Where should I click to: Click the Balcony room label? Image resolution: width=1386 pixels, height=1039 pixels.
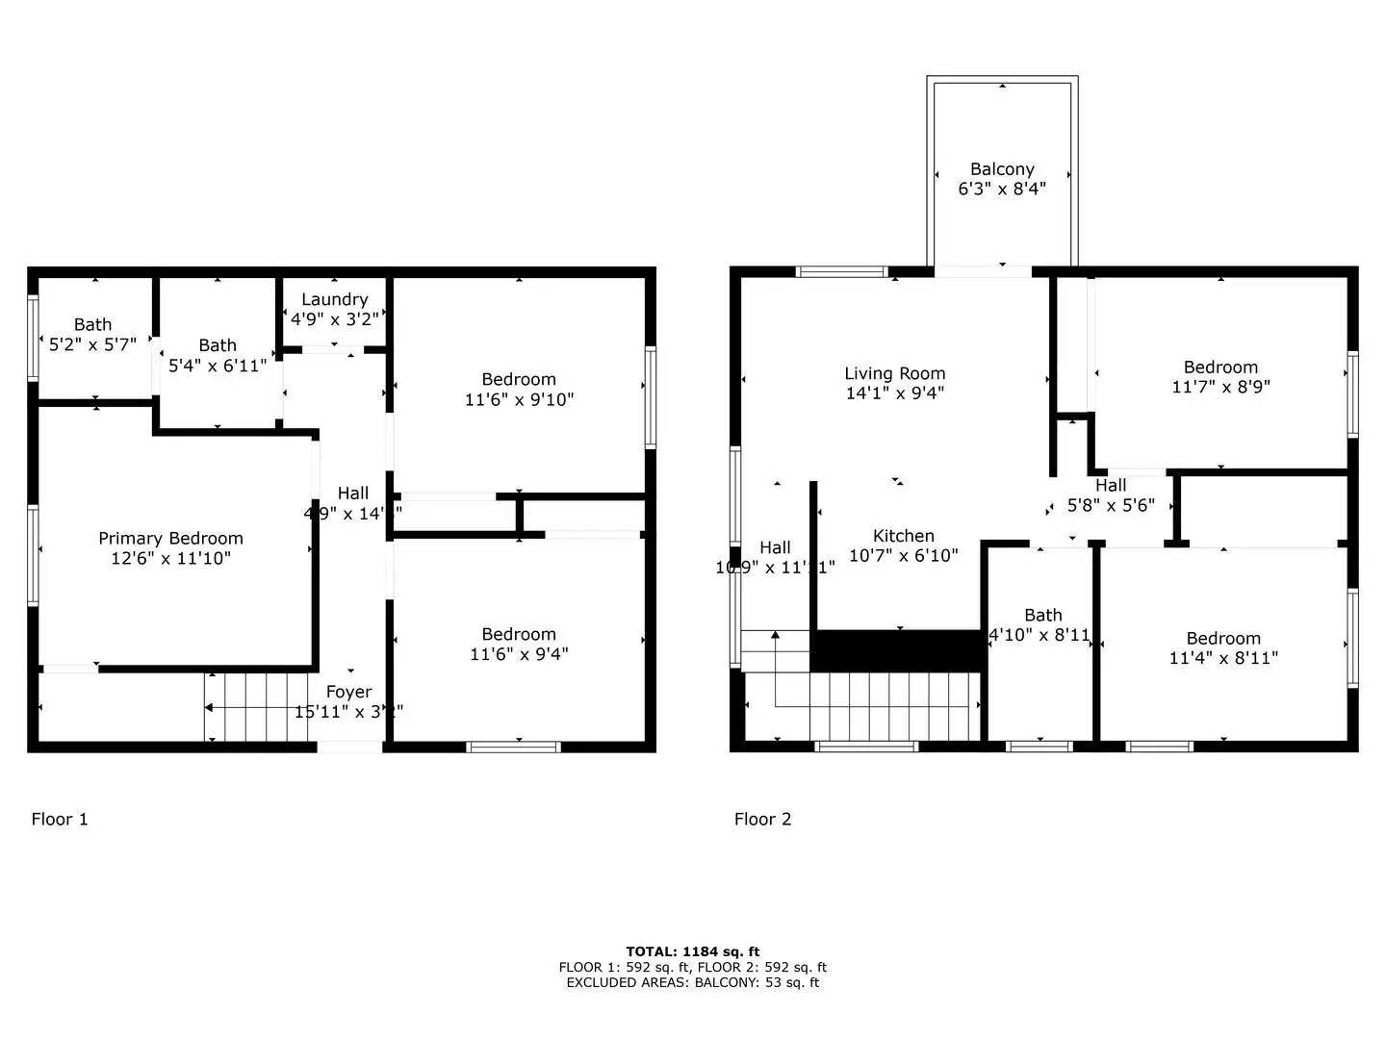(x=1002, y=169)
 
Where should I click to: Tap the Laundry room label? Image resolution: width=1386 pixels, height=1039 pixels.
(x=334, y=299)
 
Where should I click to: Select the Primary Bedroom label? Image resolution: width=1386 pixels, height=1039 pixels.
(x=170, y=538)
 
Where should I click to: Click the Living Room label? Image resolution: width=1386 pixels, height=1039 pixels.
(x=894, y=373)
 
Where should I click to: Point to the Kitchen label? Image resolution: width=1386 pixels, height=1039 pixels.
(x=903, y=536)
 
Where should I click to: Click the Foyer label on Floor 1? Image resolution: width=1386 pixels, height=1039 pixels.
(x=348, y=692)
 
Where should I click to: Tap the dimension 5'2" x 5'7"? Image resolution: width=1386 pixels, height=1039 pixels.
(x=92, y=344)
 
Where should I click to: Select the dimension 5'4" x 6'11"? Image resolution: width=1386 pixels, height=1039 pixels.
(x=218, y=366)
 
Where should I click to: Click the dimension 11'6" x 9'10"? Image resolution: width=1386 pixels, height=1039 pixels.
(x=519, y=399)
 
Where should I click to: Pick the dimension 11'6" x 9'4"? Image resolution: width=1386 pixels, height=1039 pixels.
(x=519, y=654)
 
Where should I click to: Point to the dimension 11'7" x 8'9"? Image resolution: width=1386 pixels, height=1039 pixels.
(x=1220, y=387)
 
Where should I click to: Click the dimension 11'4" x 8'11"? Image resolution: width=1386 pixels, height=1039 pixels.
(x=1223, y=658)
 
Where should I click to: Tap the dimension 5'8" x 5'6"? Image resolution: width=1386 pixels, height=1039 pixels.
(x=1111, y=505)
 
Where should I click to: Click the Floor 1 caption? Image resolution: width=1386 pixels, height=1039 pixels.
(x=60, y=819)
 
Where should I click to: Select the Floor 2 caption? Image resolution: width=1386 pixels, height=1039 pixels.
(x=762, y=819)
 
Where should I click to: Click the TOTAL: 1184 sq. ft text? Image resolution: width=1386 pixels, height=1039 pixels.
(x=692, y=951)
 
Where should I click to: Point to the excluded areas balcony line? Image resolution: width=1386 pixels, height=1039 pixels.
(x=692, y=982)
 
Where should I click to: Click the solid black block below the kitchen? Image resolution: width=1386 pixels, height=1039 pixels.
(x=899, y=650)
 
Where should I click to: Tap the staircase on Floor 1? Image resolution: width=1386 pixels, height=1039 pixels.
(x=255, y=707)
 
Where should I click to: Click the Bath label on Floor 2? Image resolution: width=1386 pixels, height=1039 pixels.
(x=1042, y=615)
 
